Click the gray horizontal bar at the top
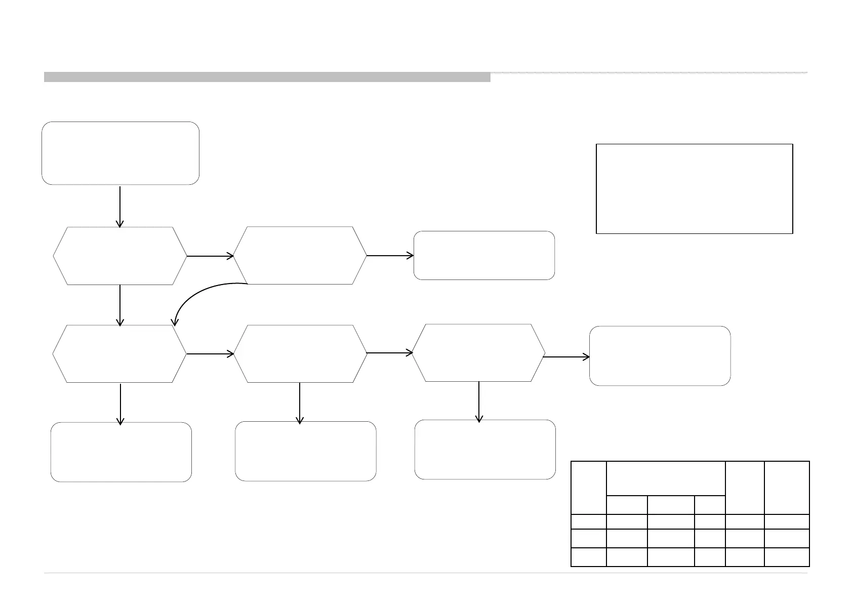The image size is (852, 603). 267,77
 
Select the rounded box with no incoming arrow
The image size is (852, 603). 120,153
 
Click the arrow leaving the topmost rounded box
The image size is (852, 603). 120,206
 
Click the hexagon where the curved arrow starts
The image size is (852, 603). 300,256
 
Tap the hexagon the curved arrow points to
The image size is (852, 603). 119,353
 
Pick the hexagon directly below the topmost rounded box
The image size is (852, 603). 119,256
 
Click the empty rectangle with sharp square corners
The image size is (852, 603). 694,188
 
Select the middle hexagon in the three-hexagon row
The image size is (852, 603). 300,353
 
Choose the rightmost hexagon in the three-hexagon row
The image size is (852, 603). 478,352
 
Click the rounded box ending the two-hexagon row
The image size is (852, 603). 484,255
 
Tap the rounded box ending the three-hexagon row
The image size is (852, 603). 660,356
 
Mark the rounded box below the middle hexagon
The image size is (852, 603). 305,451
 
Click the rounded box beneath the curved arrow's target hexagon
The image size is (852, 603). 121,452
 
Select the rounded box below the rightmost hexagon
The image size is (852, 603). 485,450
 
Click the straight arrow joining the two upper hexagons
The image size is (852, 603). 210,256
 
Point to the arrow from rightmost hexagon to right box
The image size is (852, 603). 566,357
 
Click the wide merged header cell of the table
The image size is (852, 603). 665,478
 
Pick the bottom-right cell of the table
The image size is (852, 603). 787,557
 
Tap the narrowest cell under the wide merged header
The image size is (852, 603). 709,505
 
